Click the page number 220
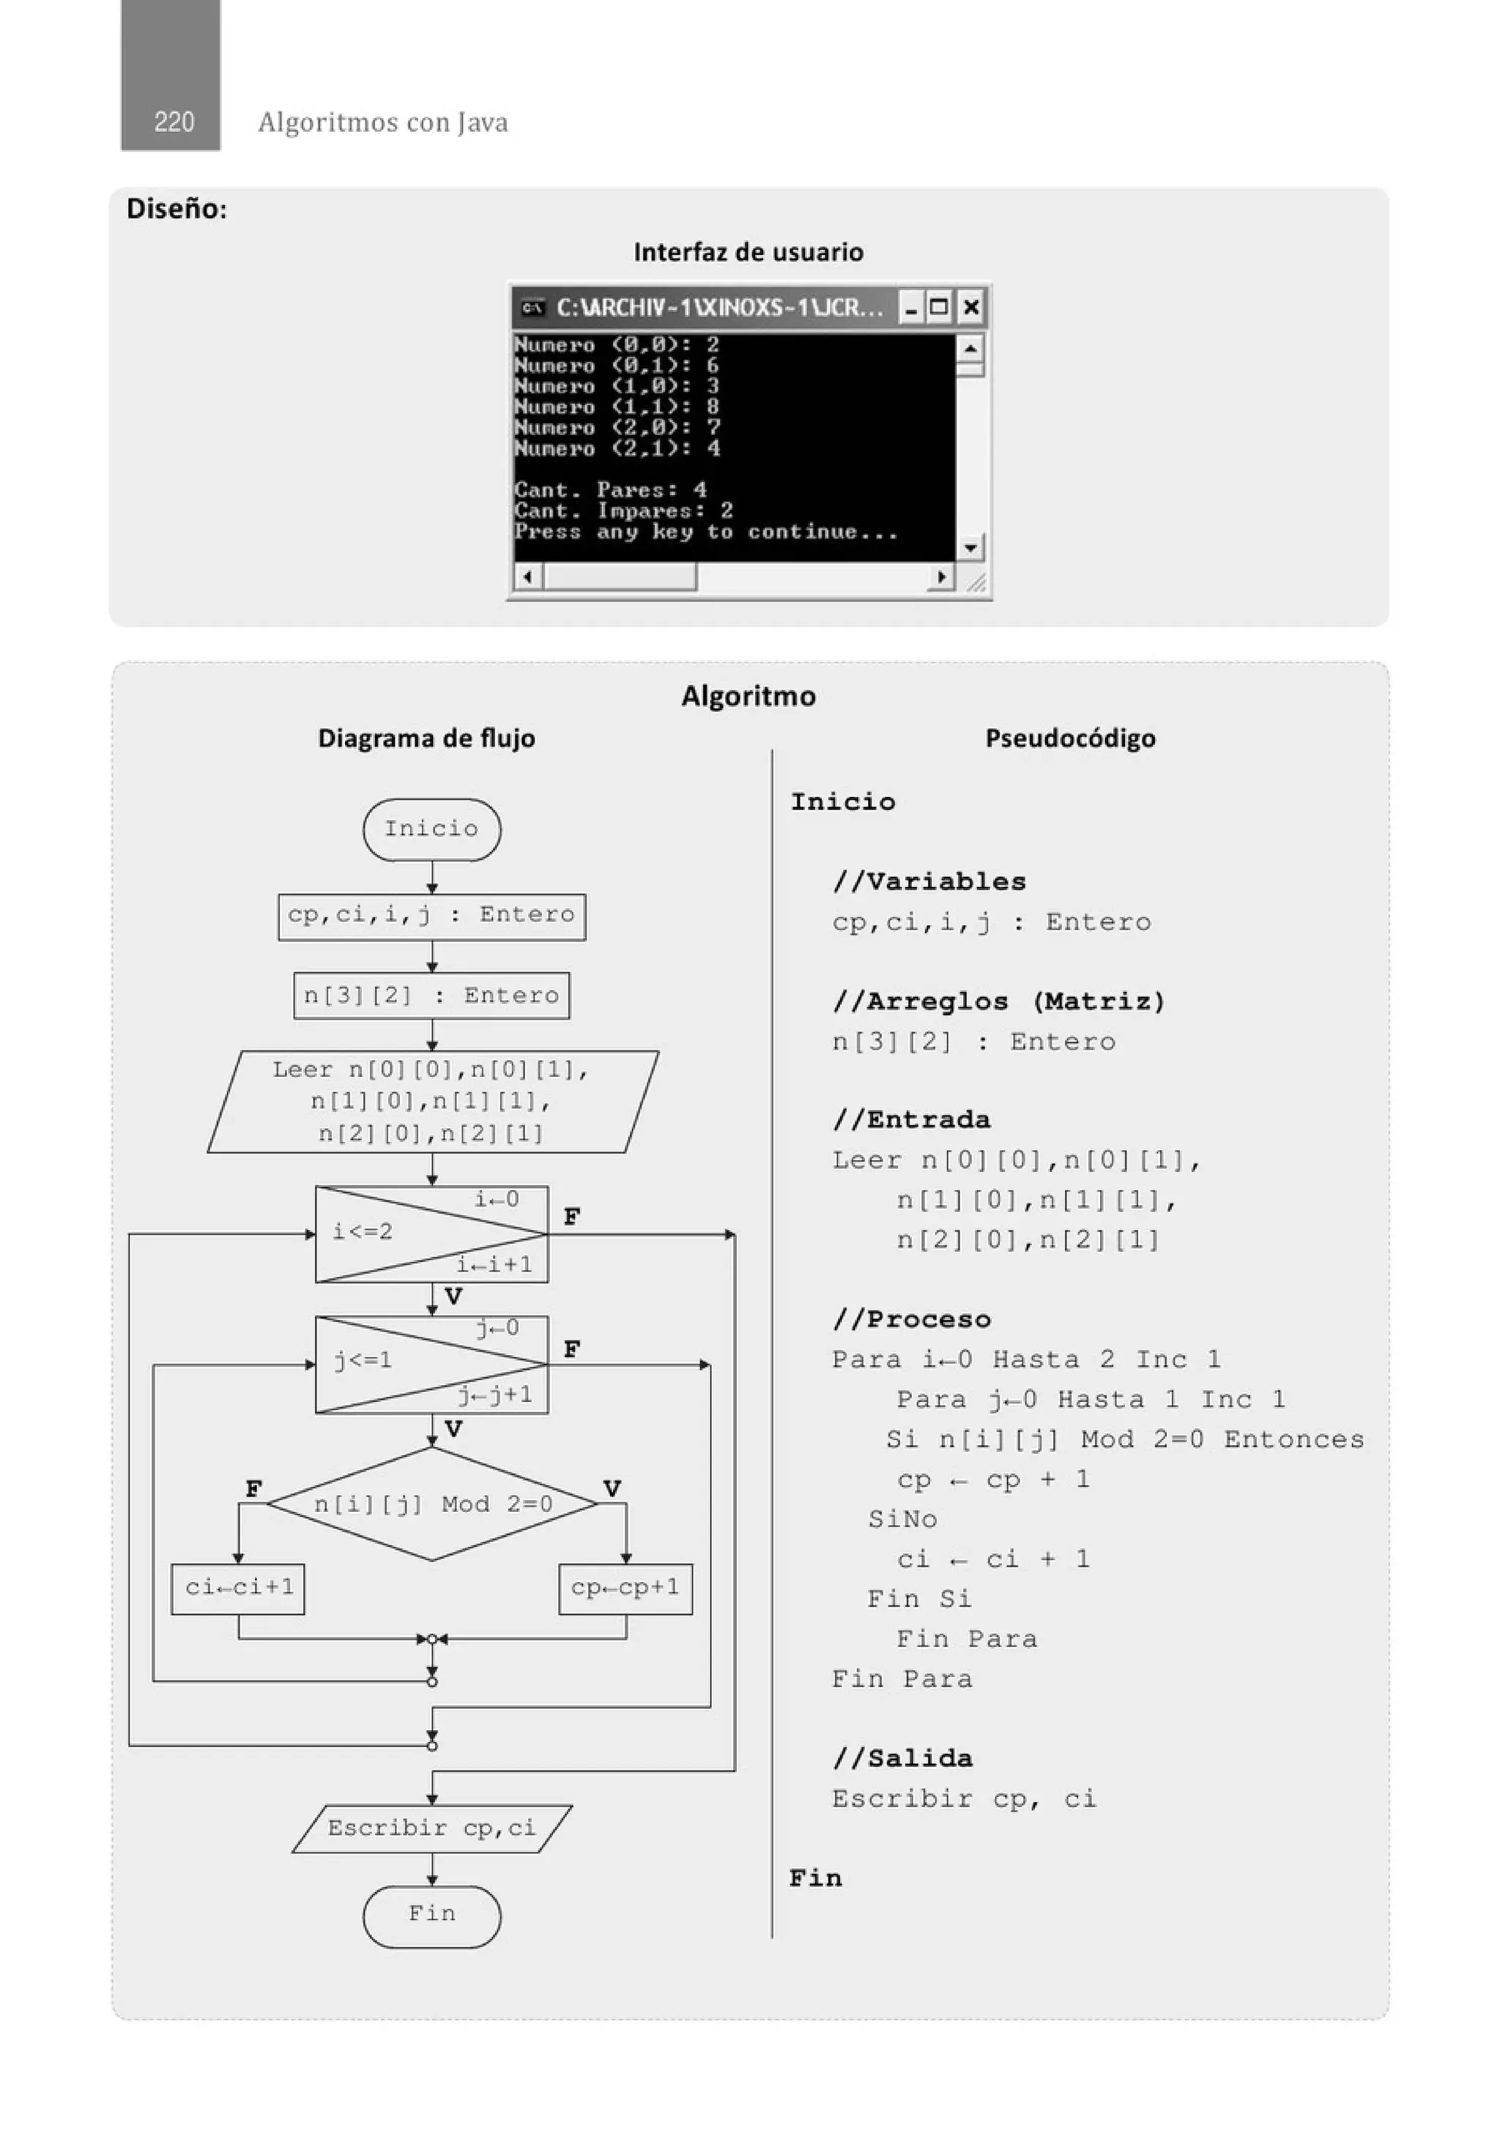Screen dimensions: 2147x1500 (x=174, y=122)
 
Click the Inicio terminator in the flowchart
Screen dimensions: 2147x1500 (x=431, y=828)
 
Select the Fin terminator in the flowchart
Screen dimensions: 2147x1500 (x=431, y=1913)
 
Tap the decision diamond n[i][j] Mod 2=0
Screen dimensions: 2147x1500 (x=432, y=1504)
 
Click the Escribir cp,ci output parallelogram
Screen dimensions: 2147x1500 (x=431, y=1828)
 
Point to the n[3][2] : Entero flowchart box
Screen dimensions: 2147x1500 (x=431, y=995)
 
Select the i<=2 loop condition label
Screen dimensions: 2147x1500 (x=363, y=1231)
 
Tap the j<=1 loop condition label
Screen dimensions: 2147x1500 (x=363, y=1360)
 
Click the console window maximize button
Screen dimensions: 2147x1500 (x=940, y=307)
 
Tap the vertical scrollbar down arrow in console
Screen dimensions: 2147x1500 (x=970, y=547)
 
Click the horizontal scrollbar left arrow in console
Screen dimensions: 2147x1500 (x=528, y=577)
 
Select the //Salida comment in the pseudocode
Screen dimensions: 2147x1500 (x=902, y=1759)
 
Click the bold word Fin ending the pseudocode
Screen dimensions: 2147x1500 (x=814, y=1879)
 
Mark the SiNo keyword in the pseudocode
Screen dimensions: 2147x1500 (x=902, y=1519)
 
